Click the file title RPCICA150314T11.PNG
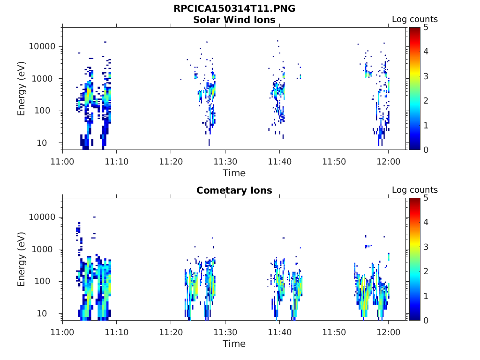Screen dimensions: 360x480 tap(234, 9)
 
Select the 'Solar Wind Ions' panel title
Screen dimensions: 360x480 tap(234, 20)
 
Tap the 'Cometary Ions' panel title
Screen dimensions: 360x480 tap(234, 190)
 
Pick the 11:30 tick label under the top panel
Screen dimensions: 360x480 tap(225, 162)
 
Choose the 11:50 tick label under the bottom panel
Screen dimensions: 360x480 tap(334, 332)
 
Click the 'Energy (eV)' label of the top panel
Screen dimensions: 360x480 tap(22, 89)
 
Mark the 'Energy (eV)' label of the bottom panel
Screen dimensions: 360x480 tap(22, 259)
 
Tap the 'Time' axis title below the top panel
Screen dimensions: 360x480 tap(234, 173)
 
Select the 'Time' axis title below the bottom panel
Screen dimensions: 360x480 tap(234, 344)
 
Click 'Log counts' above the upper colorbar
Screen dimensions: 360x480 tap(414, 19)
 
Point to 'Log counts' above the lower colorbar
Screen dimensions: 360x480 tap(414, 190)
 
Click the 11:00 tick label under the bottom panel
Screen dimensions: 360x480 tap(62, 332)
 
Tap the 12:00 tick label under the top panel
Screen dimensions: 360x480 tap(388, 162)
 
